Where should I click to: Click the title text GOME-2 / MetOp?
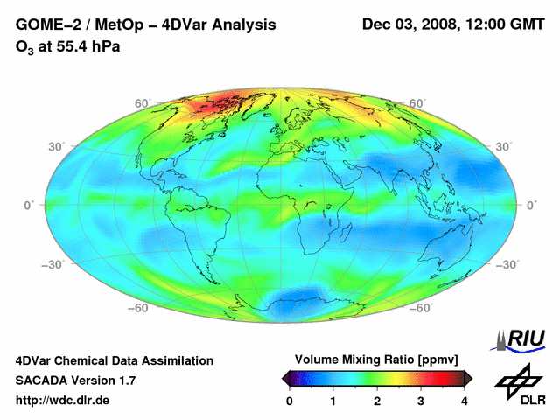tap(83, 24)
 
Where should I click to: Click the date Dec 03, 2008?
tap(409, 24)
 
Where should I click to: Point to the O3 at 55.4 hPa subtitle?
tap(67, 45)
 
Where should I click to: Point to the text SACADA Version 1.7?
tap(75, 381)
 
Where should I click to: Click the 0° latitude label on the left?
tap(28, 205)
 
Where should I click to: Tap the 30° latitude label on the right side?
tap(505, 146)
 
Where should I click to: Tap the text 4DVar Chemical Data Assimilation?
tap(115, 360)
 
